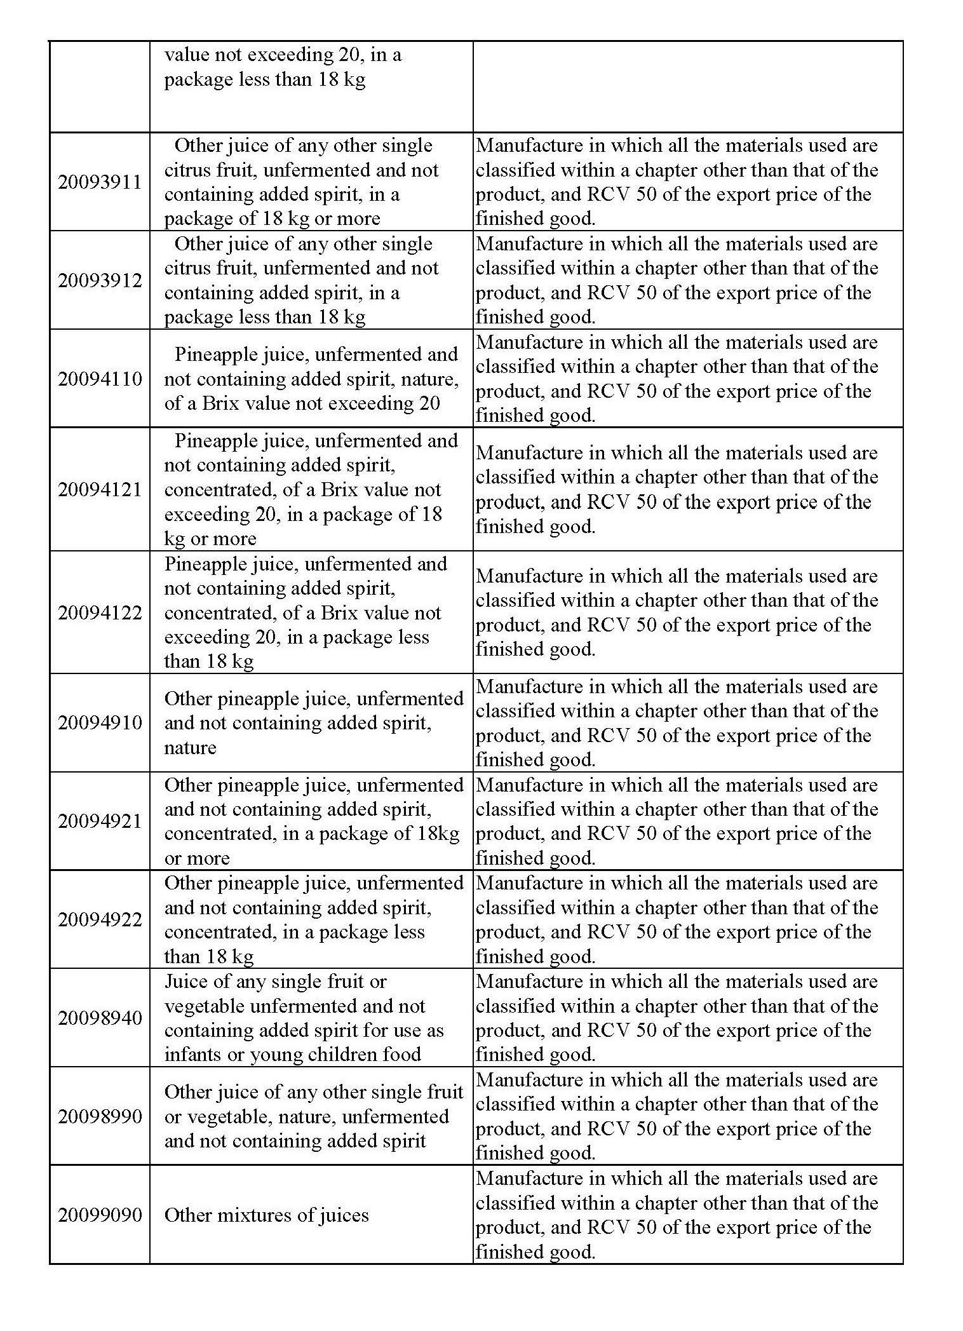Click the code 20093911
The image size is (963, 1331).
100,182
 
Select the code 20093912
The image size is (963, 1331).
100,280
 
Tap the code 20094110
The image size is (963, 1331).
100,379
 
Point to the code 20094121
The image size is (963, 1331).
100,489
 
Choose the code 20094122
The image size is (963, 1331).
100,612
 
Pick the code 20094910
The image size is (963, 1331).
100,722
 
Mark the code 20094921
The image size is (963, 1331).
100,821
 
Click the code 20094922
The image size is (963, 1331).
100,919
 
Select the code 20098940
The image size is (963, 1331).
100,1018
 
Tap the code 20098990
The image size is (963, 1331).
100,1116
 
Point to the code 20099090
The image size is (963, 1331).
100,1215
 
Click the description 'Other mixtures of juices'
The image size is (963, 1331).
266,1215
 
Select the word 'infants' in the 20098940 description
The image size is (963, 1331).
189,1055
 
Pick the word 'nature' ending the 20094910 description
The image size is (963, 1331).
190,747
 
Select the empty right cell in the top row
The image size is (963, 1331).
687,87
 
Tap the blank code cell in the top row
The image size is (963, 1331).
100,87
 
